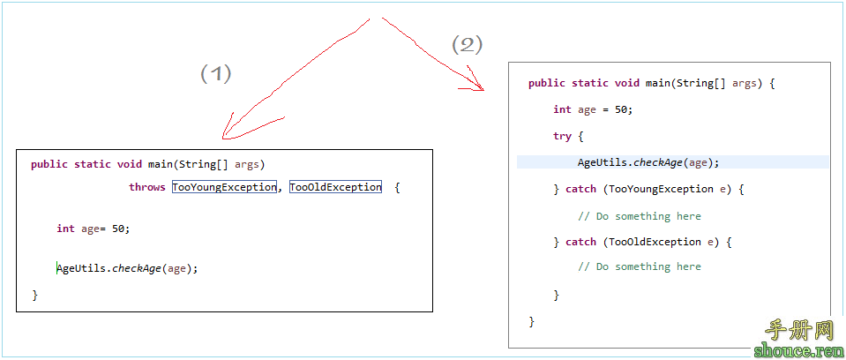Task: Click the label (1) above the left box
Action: (x=216, y=73)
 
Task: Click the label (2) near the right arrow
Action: (x=468, y=44)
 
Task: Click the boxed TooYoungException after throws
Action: (x=225, y=187)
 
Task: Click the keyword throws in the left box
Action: (x=147, y=187)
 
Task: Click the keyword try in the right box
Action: (x=562, y=136)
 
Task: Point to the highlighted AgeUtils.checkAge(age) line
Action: (x=648, y=162)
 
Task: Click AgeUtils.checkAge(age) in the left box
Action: (x=128, y=268)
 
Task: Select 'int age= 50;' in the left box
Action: (x=93, y=229)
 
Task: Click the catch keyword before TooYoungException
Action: (x=580, y=189)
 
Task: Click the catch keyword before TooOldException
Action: (x=580, y=242)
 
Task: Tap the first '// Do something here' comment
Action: (x=640, y=216)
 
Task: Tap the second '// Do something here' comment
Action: (x=640, y=266)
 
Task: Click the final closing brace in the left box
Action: (x=34, y=295)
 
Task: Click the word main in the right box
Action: (x=656, y=83)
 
